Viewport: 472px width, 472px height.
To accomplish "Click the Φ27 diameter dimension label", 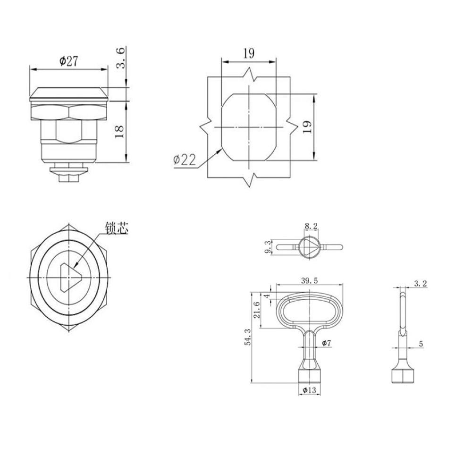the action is [x=68, y=61].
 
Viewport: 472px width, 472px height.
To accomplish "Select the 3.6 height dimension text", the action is [x=120, y=58].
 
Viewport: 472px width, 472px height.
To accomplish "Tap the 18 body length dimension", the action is [x=119, y=132].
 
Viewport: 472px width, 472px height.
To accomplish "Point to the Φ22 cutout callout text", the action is [x=185, y=160].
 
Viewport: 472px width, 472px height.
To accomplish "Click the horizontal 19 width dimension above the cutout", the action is [x=249, y=53].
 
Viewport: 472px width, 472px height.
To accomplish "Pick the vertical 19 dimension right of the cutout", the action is [x=307, y=127].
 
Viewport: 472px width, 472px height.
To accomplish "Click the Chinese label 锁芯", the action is [x=117, y=228].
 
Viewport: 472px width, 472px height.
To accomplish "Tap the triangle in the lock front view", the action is [x=71, y=278].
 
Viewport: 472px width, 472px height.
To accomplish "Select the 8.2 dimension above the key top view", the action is [x=311, y=226].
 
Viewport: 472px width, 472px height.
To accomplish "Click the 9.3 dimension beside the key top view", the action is [x=268, y=247].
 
